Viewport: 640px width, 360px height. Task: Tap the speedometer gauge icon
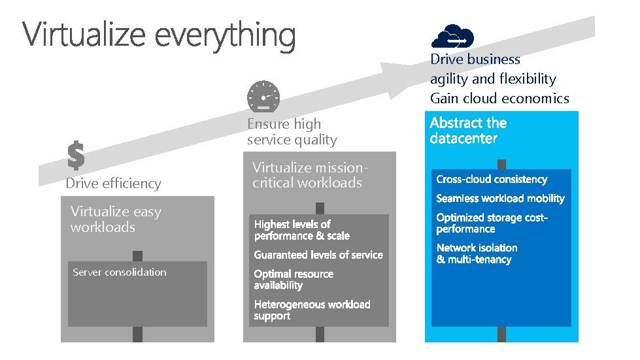click(263, 96)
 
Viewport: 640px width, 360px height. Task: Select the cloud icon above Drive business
click(452, 36)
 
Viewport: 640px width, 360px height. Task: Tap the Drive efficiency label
click(113, 184)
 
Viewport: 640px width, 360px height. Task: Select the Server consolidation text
click(120, 272)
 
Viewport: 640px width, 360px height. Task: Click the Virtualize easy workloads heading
click(116, 220)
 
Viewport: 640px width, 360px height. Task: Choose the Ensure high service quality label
click(292, 131)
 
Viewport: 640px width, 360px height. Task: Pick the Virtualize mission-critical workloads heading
click(307, 175)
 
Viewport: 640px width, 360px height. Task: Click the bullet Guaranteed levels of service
click(318, 255)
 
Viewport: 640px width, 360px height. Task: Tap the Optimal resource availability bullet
click(294, 280)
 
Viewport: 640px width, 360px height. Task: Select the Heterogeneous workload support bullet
click(312, 310)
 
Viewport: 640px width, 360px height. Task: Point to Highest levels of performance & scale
click(301, 230)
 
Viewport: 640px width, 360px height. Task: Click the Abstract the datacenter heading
click(468, 131)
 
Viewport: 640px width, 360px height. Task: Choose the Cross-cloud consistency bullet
click(492, 180)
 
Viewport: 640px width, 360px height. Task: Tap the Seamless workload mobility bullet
click(500, 199)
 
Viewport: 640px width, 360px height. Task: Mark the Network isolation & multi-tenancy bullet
click(477, 254)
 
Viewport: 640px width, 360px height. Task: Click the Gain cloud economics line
click(499, 99)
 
